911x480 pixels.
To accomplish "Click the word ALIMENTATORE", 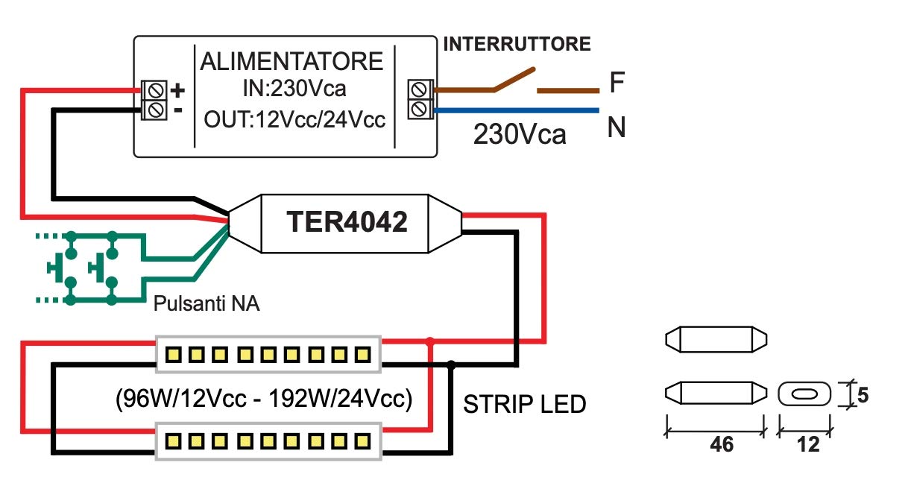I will click(291, 61).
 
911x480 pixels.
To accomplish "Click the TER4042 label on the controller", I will click(347, 221).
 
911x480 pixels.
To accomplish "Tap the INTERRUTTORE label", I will click(517, 44).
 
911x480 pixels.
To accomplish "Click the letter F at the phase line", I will click(617, 83).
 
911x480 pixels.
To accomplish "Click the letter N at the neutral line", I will click(616, 128).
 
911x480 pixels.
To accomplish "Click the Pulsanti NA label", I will click(207, 304).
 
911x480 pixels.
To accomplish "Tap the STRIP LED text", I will click(525, 405).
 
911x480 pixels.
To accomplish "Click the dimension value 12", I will click(806, 444).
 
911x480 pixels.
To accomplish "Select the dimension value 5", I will click(863, 394).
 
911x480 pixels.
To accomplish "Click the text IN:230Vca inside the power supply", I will click(294, 89).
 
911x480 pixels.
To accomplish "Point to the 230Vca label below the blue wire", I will click(520, 135).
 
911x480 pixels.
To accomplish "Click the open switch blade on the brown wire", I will click(514, 80).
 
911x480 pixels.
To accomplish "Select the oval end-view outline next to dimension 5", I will click(804, 394).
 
